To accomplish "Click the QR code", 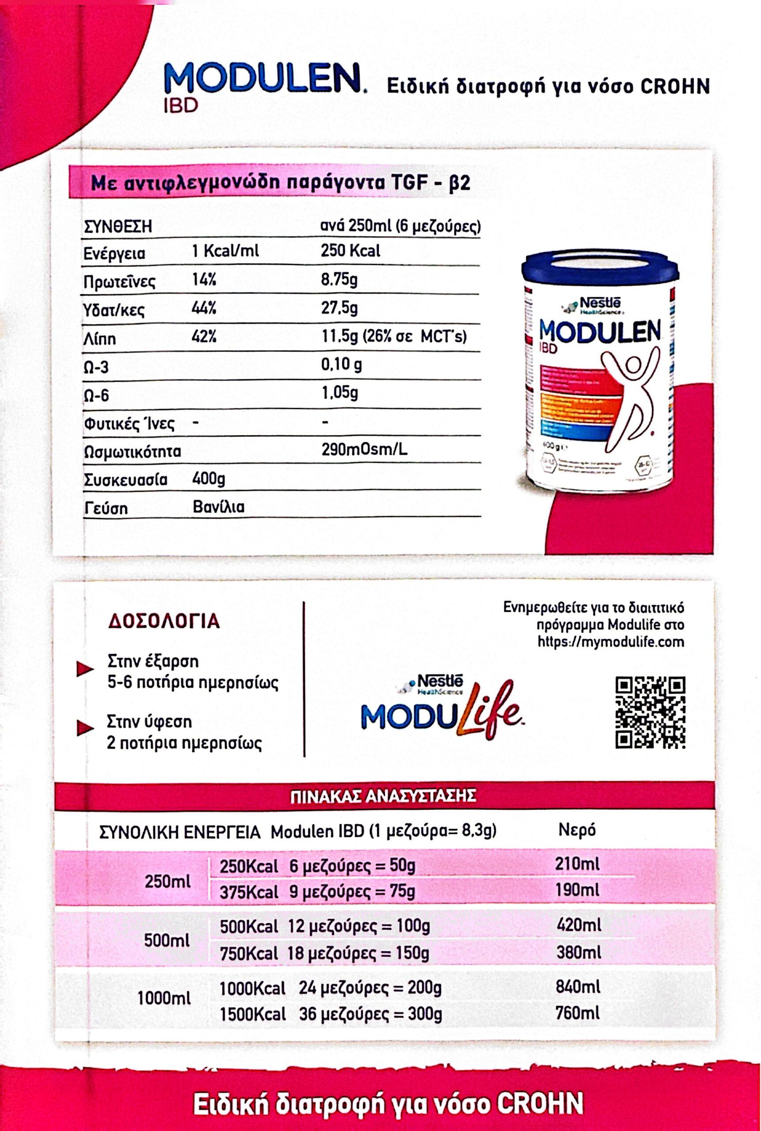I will pos(650,712).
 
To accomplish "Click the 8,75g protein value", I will pos(339,280).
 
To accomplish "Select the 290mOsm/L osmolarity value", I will pos(364,450).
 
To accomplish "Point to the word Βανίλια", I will pos(218,507).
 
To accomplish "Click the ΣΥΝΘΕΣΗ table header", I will pos(118,227).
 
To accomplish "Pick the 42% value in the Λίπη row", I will pos(204,336).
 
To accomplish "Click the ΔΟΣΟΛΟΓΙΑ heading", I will pos(164,622).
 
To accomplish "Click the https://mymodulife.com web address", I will pos(611,642).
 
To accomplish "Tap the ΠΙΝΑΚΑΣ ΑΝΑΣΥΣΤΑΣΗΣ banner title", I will pos(383,796).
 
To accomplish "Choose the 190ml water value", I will pos(577,890).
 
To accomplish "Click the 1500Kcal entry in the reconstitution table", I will pos(252,1014).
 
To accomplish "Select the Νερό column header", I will pos(577,830).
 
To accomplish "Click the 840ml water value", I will pos(578,987).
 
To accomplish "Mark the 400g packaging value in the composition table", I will pos(209,479).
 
